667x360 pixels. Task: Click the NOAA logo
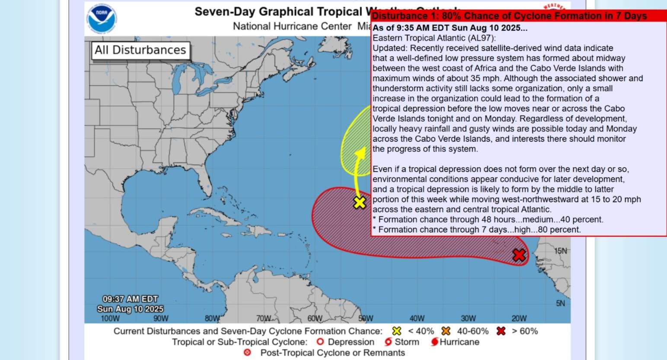coord(102,19)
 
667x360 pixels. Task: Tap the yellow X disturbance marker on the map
coord(360,202)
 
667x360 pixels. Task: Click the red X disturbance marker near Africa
coord(519,255)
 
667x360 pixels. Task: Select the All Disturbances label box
coord(140,50)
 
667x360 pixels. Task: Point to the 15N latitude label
coord(561,251)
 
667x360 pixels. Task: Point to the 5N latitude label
coord(560,303)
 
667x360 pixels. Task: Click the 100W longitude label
coord(110,319)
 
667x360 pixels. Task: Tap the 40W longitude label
coord(417,319)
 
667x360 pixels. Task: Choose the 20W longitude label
coord(519,319)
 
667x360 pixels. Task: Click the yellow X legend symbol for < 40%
coord(396,331)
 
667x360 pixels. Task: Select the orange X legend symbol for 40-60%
coord(446,331)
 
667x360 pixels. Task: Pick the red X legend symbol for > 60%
coord(501,331)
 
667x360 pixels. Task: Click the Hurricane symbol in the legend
coord(434,342)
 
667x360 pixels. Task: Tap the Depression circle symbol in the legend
coord(320,342)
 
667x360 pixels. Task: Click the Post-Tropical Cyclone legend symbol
coord(247,353)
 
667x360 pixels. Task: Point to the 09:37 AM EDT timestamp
coord(130,299)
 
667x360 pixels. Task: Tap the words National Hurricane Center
coord(292,26)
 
